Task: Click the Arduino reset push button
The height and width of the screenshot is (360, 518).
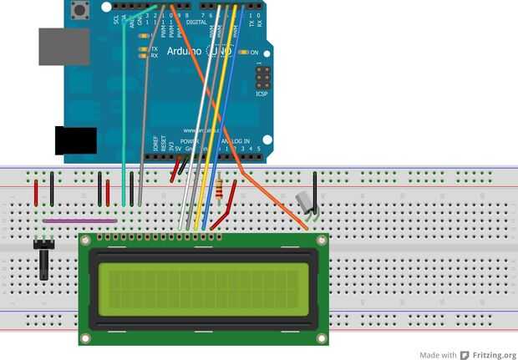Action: pyautogui.click(x=81, y=11)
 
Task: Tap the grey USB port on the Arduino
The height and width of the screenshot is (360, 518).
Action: pyautogui.click(x=63, y=47)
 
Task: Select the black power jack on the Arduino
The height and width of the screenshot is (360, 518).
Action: pyautogui.click(x=75, y=140)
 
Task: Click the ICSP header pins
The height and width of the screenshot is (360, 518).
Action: pyautogui.click(x=262, y=79)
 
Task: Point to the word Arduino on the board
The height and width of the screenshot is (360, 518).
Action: pyautogui.click(x=184, y=51)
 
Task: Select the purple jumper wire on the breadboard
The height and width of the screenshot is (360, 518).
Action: pyautogui.click(x=80, y=221)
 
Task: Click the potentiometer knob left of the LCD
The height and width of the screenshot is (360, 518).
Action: pyautogui.click(x=43, y=259)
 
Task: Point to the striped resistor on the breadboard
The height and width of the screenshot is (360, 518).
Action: pyautogui.click(x=220, y=191)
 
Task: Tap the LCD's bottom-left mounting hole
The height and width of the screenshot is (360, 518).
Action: pyautogui.click(x=85, y=338)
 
